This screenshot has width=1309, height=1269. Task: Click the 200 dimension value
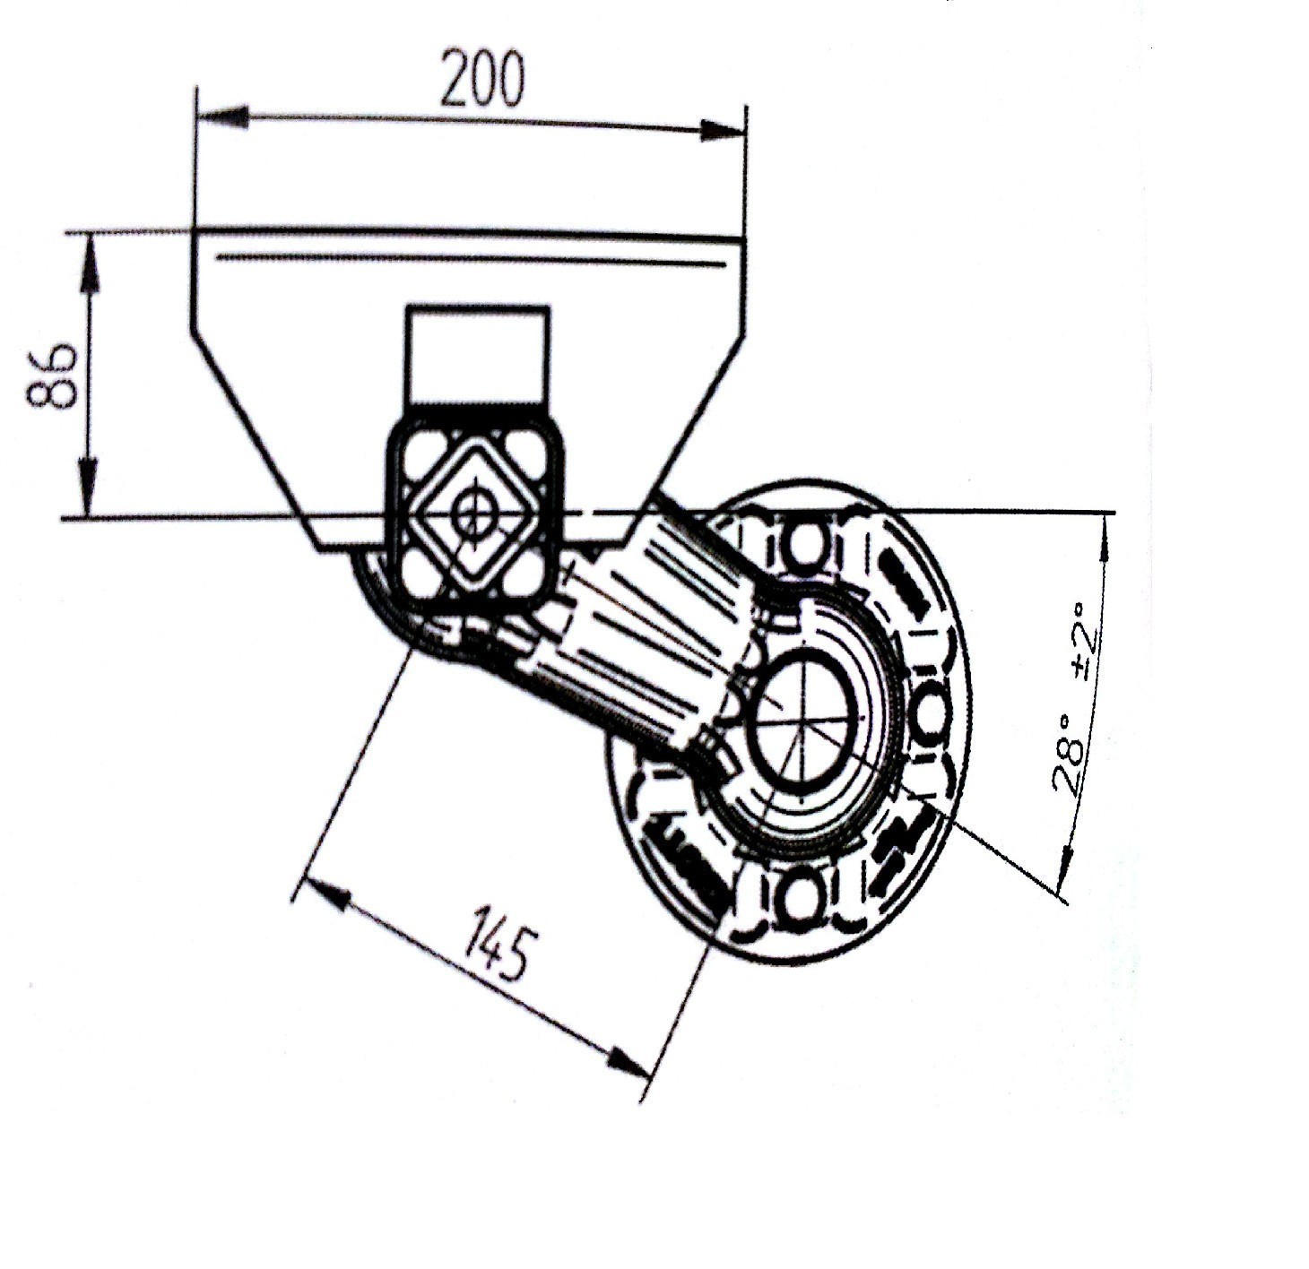[x=482, y=80]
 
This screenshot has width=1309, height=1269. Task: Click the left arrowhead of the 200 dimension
[x=221, y=116]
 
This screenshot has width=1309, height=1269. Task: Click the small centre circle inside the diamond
[x=473, y=514]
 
